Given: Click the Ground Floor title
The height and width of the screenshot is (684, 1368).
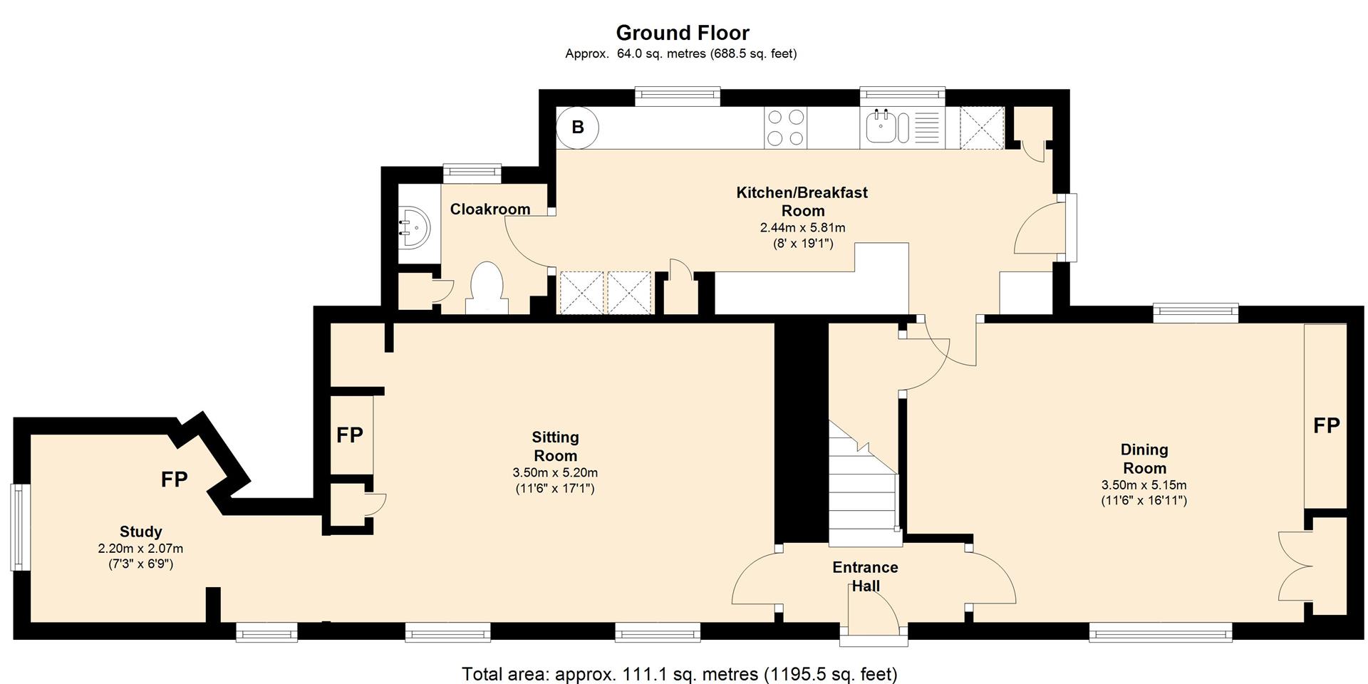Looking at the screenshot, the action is click(x=683, y=33).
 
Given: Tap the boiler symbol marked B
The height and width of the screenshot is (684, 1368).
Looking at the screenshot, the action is click(x=578, y=128).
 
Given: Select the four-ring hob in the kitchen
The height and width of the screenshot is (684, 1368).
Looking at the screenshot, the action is click(x=786, y=128).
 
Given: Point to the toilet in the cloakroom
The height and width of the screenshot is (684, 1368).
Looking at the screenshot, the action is click(x=488, y=287).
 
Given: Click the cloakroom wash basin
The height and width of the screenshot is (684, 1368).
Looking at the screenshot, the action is click(x=415, y=227).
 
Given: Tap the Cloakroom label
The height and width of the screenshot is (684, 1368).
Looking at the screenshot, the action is click(x=490, y=209).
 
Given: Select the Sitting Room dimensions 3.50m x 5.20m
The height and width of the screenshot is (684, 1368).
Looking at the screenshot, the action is click(x=555, y=472).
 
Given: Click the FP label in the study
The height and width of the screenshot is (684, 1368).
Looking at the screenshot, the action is click(x=175, y=480).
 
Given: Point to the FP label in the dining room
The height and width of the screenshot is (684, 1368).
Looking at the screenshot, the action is click(x=1327, y=425).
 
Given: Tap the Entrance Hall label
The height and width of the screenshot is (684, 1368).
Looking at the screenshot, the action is click(x=866, y=576).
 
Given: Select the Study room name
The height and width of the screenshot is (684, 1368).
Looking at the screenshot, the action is click(x=140, y=532).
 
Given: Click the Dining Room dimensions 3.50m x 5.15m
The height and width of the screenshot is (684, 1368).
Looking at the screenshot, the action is click(x=1144, y=485).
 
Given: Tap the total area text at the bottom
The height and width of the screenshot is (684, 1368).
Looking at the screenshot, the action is click(x=680, y=673).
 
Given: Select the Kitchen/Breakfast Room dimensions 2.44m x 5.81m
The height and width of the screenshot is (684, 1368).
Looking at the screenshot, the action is click(x=803, y=228).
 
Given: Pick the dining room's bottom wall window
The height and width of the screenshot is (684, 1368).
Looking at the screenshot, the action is click(x=1161, y=632).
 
